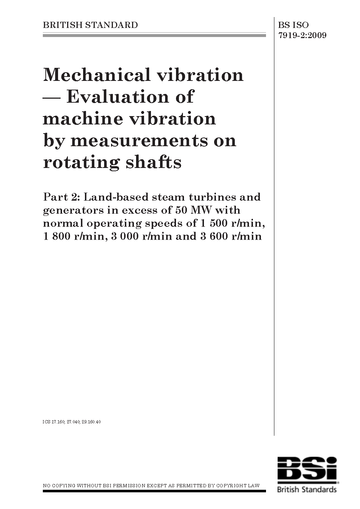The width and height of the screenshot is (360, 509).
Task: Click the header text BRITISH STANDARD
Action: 90,25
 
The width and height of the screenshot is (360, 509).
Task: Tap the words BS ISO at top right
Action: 294,25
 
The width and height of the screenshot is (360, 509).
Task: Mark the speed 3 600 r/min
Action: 230,237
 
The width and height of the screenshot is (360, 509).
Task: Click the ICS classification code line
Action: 71,422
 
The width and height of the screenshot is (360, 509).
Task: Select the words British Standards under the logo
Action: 307,489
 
